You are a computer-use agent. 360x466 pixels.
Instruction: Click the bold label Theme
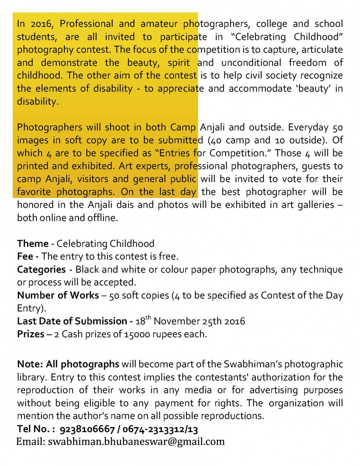pos(33,244)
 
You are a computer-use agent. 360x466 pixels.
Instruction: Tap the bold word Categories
pos(41,269)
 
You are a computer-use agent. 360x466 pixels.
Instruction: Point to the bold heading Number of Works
pos(53,295)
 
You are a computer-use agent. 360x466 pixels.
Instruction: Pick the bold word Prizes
pos(31,334)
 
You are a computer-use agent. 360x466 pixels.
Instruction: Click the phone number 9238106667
pos(87,429)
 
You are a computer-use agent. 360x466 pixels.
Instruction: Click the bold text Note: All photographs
pos(68,364)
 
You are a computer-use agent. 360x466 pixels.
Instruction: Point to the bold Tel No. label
pos(36,429)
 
